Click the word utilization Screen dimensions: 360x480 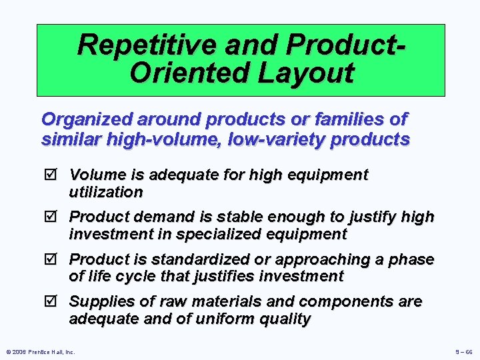pyautogui.click(x=106, y=193)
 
